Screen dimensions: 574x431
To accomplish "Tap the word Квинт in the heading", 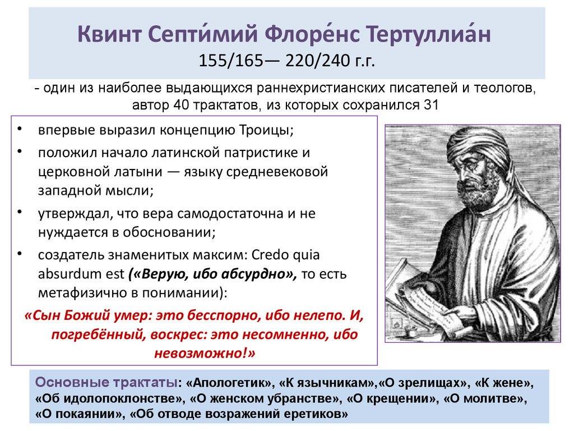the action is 109,35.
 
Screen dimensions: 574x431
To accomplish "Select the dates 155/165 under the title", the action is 230,61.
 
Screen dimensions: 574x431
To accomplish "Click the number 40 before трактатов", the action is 181,105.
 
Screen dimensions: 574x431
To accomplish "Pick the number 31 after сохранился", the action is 431,105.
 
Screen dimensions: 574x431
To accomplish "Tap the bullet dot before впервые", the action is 20,129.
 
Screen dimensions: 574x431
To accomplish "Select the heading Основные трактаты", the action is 106,383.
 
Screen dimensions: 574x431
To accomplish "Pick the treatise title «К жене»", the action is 504,383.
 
